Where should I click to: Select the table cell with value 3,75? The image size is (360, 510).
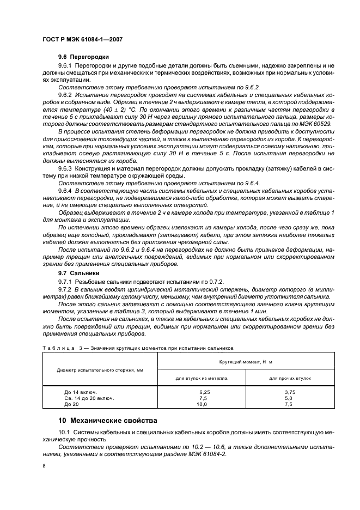coord(290,392)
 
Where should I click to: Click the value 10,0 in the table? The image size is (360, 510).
coord(202,404)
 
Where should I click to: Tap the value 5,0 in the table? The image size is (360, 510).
coord(289,398)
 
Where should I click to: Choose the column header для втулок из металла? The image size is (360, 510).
coord(202,378)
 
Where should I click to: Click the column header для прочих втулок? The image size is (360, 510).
coord(290,378)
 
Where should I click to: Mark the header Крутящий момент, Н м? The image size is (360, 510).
coord(246,361)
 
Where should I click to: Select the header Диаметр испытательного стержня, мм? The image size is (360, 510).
coord(100,369)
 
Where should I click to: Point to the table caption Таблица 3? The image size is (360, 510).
coord(62,347)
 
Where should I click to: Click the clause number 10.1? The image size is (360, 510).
coord(65,432)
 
